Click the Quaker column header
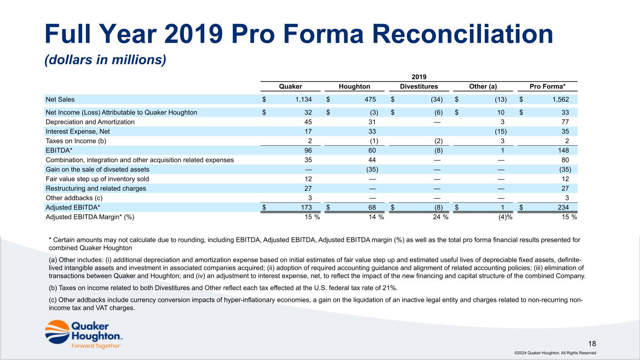click(290, 86)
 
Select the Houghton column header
click(354, 86)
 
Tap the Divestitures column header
click(419, 86)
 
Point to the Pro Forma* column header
click(548, 86)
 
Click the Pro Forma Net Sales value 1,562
click(561, 99)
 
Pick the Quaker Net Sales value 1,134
click(303, 99)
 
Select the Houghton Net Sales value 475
click(370, 99)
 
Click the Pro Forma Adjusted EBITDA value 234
click(564, 208)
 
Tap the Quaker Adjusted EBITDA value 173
click(306, 208)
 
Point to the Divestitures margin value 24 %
click(441, 217)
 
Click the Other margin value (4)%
click(505, 217)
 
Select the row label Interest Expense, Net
click(78, 131)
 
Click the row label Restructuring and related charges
click(96, 188)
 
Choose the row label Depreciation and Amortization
click(90, 122)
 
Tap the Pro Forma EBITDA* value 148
click(564, 150)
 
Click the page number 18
click(592, 344)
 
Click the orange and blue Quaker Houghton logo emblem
click(57, 332)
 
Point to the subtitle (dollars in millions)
click(105, 60)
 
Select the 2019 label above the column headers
click(419, 77)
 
